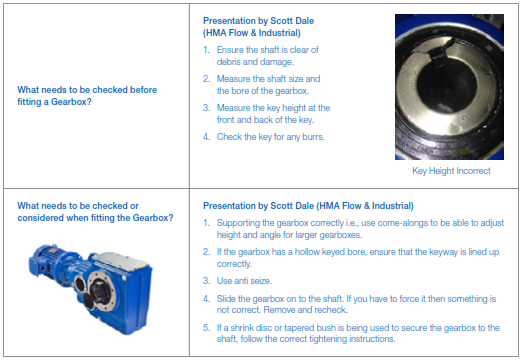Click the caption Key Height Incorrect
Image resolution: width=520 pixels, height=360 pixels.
[451, 171]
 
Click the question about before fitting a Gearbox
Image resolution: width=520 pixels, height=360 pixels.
[87, 96]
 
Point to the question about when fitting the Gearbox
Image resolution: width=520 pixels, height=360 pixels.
[95, 212]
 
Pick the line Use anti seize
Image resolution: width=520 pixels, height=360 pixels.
[244, 281]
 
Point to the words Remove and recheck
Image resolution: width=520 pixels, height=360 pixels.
[305, 310]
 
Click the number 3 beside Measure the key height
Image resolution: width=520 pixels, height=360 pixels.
[206, 108]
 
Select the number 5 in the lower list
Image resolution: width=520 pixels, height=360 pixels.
[206, 328]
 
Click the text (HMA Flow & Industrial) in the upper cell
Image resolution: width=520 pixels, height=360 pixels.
[252, 33]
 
